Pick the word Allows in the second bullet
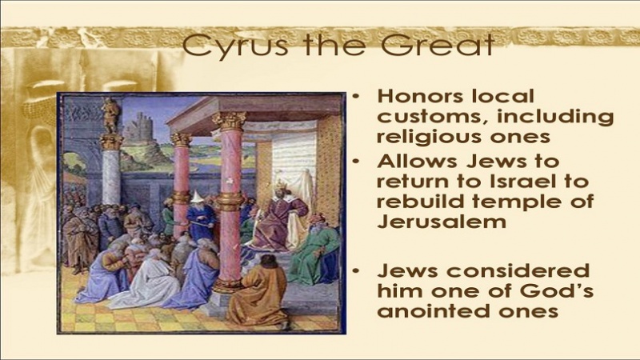point(417,162)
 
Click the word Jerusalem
point(442,222)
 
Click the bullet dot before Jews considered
point(356,271)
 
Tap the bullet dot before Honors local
point(356,97)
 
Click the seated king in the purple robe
point(282,212)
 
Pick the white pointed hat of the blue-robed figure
point(197,196)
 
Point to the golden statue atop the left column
point(111,115)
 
